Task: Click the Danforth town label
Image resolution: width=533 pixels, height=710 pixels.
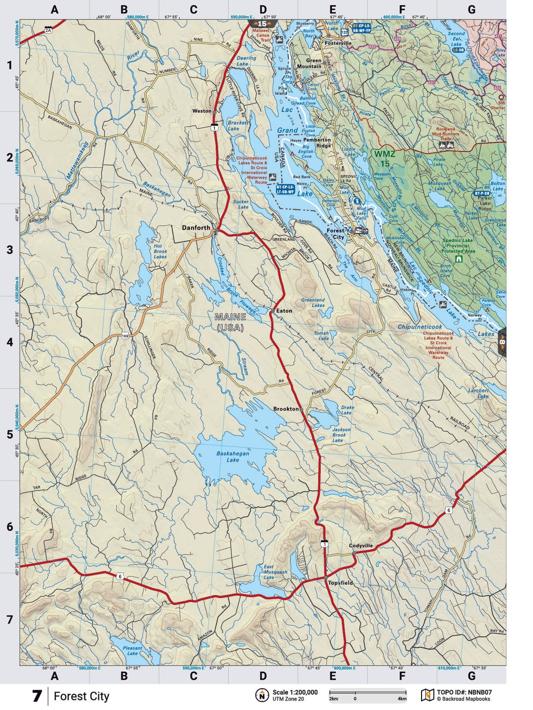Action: (x=196, y=227)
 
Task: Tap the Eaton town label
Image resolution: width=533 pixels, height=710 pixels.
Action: (x=284, y=311)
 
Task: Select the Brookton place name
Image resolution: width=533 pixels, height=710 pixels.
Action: (x=286, y=409)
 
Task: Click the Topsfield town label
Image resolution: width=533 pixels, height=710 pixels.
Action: (x=341, y=583)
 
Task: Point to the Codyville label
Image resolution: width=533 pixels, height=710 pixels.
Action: (x=360, y=546)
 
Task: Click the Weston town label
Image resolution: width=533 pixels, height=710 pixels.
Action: (x=202, y=111)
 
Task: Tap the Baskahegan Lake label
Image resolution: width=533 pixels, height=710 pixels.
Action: (x=233, y=456)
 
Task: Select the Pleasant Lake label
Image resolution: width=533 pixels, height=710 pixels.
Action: (x=133, y=650)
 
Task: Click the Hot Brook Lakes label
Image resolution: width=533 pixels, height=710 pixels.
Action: (x=160, y=251)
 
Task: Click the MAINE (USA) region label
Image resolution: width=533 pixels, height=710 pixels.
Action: (x=230, y=322)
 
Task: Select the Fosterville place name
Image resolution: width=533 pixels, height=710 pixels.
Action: (x=338, y=43)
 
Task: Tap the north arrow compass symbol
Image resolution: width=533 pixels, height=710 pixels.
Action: (x=262, y=695)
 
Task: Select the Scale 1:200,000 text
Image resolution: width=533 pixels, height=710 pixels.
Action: (x=295, y=692)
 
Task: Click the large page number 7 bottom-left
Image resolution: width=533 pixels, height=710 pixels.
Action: (x=37, y=696)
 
